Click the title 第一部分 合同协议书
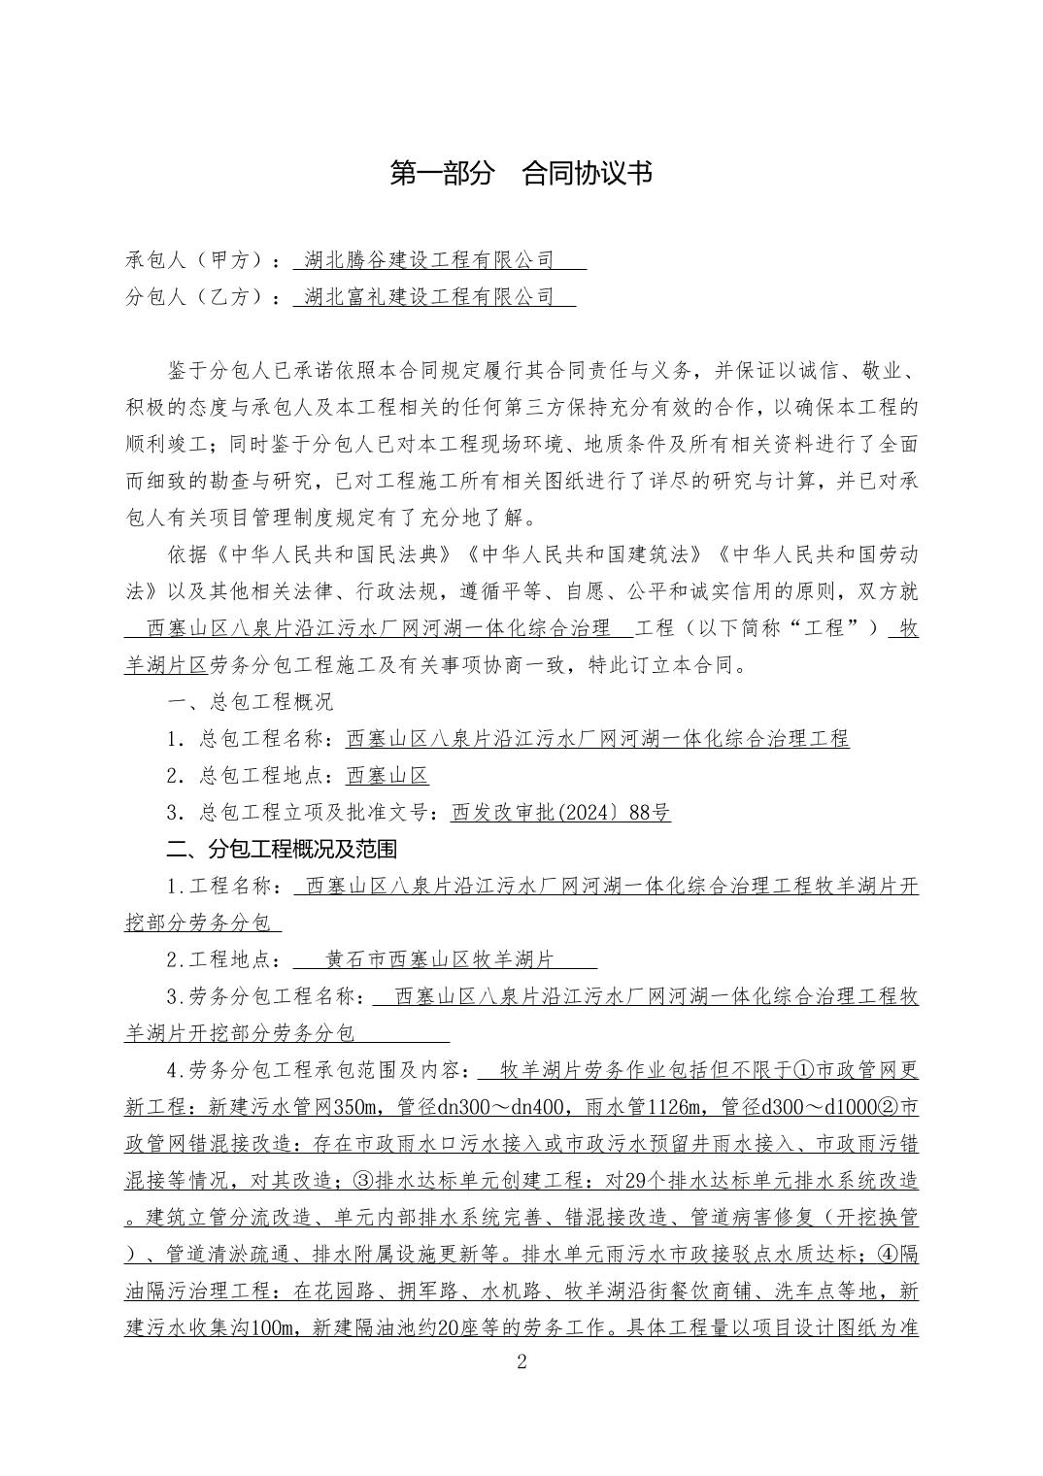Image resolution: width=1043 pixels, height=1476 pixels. (x=521, y=174)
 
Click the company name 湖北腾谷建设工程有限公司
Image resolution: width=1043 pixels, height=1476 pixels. (x=428, y=260)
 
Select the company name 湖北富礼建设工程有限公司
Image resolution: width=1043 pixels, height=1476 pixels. (x=428, y=297)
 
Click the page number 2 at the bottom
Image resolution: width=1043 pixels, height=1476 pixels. (x=521, y=1361)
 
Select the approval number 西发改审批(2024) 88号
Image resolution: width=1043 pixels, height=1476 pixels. (x=560, y=814)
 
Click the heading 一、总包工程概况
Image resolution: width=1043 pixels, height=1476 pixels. (x=250, y=702)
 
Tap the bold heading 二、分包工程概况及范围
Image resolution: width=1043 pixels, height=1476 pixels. (x=282, y=850)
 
